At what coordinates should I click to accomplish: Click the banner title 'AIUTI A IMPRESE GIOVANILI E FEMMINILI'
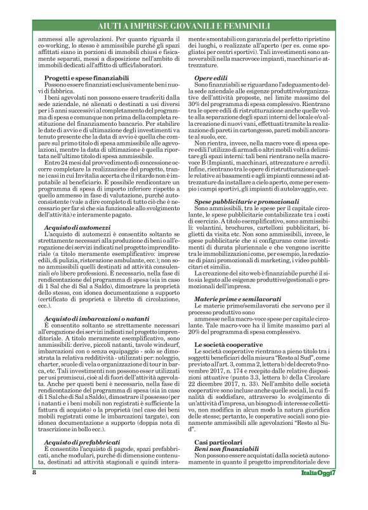[183, 25]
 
